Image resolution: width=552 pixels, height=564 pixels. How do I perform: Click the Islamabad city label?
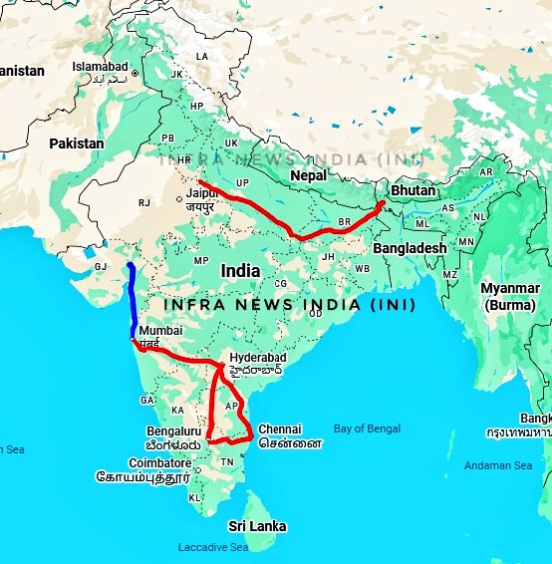101,66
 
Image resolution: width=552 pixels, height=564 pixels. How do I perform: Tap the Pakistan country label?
77,143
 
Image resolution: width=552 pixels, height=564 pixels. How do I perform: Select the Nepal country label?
308,175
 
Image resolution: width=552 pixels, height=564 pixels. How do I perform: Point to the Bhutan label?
412,189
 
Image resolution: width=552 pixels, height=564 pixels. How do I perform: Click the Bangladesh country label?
409,247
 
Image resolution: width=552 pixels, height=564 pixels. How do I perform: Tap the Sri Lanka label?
257,525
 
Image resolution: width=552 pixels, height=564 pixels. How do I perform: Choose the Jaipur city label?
205,195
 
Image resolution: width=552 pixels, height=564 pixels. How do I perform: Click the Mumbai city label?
160,330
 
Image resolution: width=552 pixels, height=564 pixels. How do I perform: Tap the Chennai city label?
279,429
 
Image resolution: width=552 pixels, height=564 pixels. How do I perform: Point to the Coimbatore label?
159,463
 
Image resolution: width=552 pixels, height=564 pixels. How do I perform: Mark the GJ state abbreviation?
101,267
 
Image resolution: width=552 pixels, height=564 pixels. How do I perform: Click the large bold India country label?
240,270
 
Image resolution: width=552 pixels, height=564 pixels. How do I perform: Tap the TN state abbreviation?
226,462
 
